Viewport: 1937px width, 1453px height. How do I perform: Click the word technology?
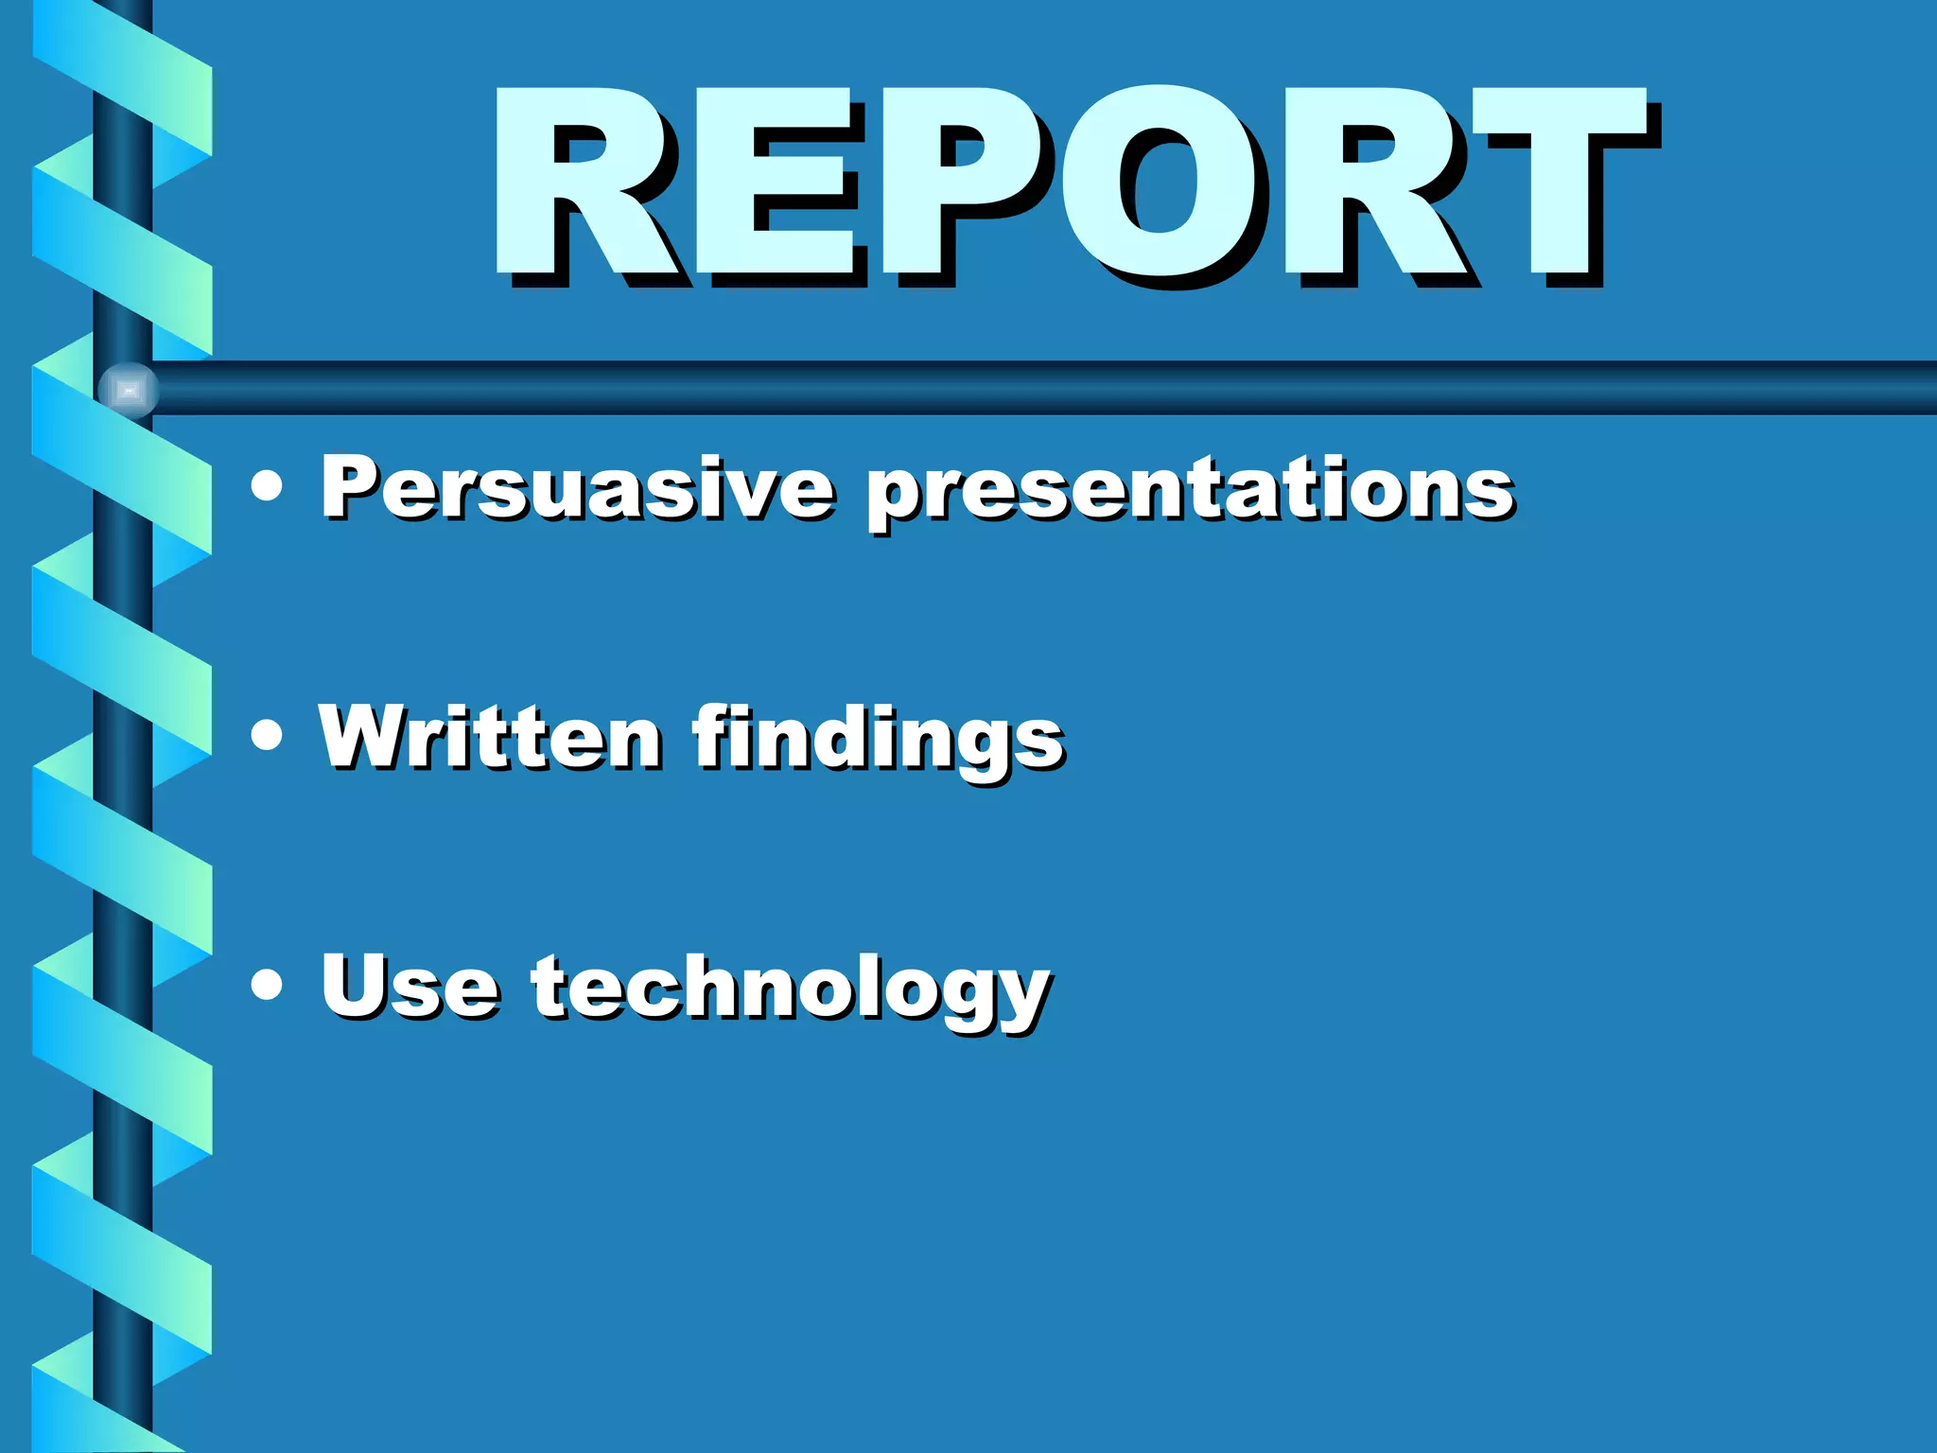tap(790, 990)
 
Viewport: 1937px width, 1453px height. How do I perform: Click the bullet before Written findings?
tap(268, 735)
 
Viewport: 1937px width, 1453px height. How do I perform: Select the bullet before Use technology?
tap(268, 985)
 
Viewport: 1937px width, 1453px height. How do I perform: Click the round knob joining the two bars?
tap(128, 390)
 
